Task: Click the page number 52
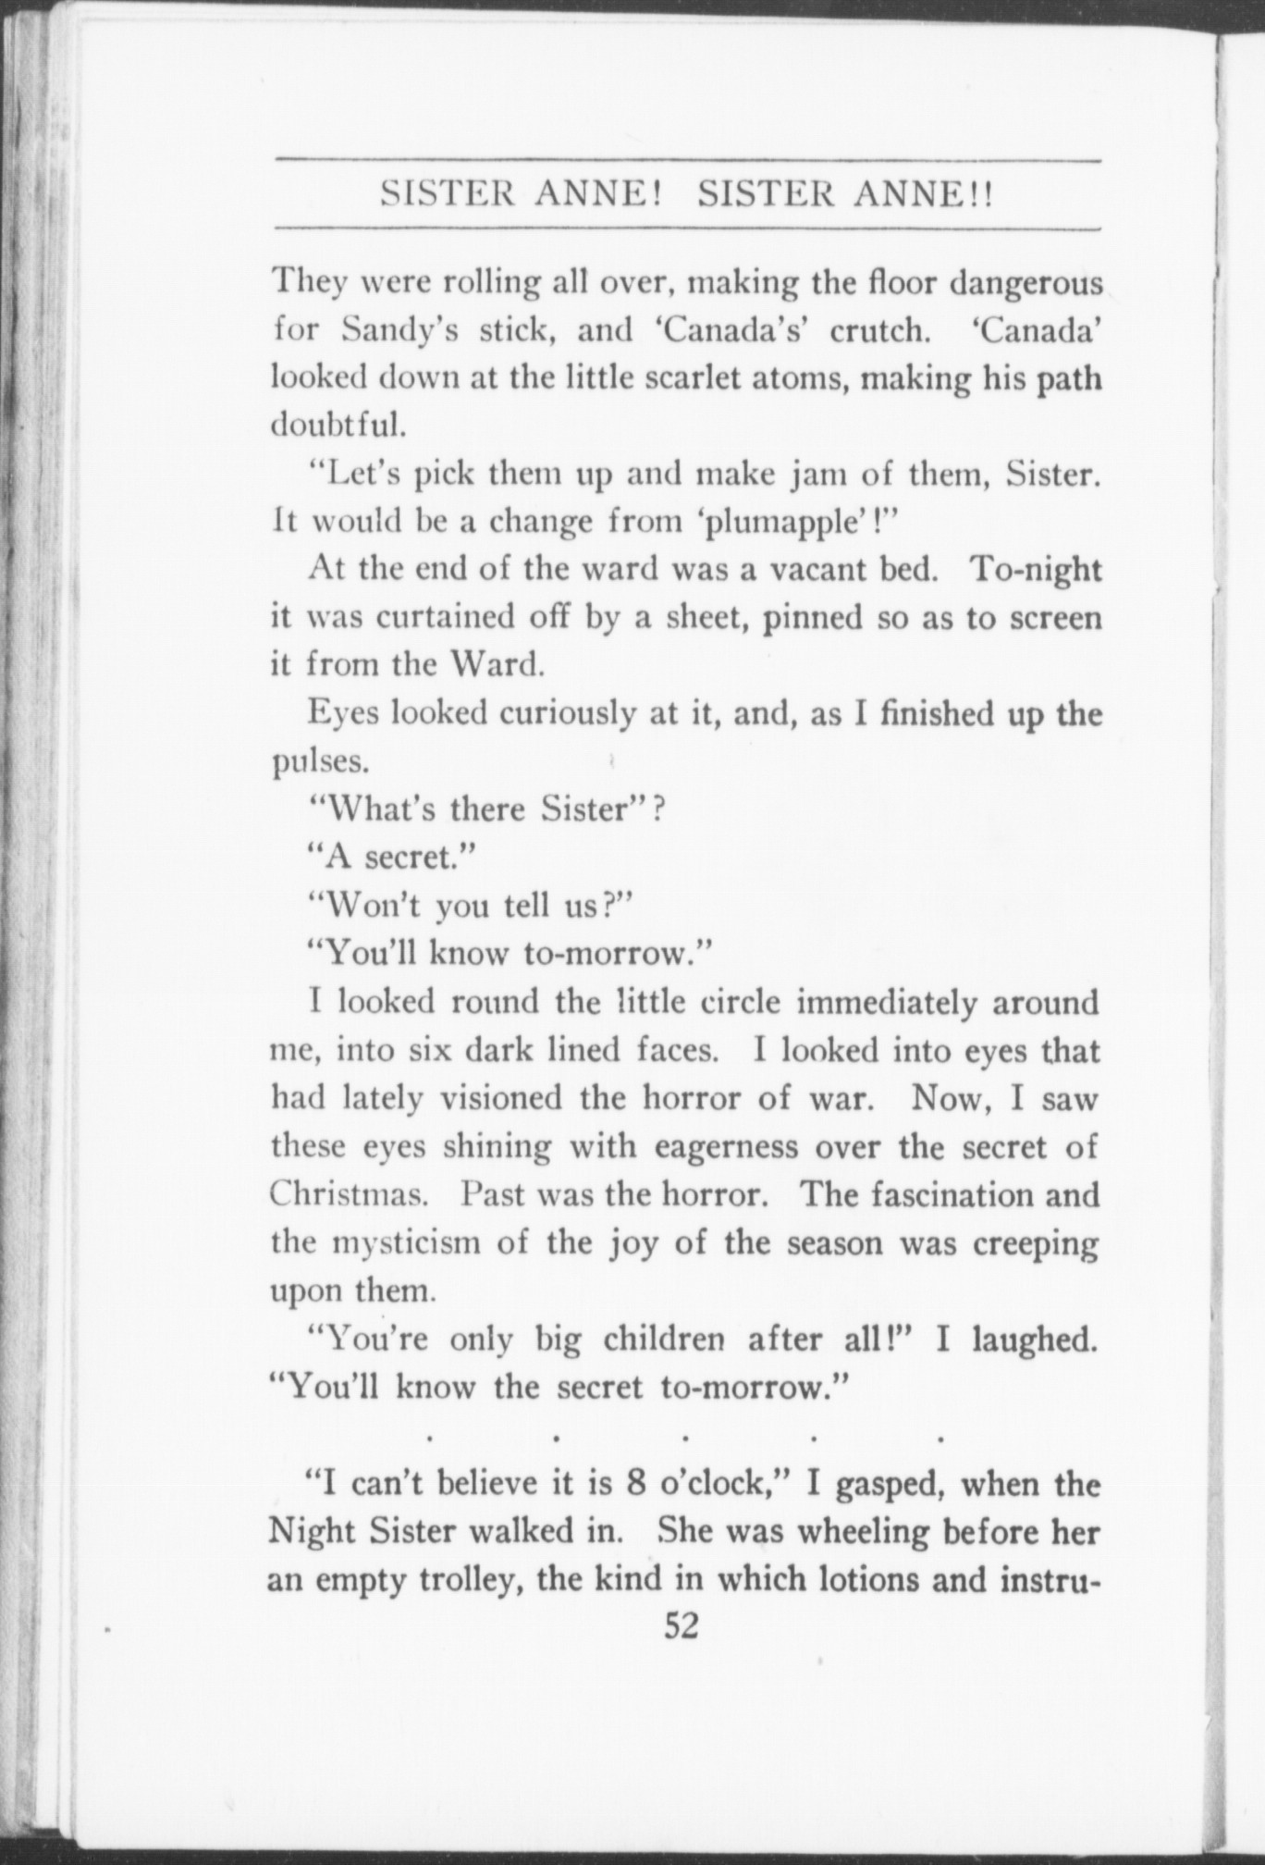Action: pyautogui.click(x=682, y=1626)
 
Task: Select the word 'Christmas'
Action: pyautogui.click(x=347, y=1194)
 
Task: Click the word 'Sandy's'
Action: pyautogui.click(x=399, y=330)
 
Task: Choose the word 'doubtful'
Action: pyautogui.click(x=337, y=426)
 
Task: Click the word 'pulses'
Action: pyautogui.click(x=320, y=761)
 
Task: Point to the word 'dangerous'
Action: pyautogui.click(x=1029, y=282)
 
